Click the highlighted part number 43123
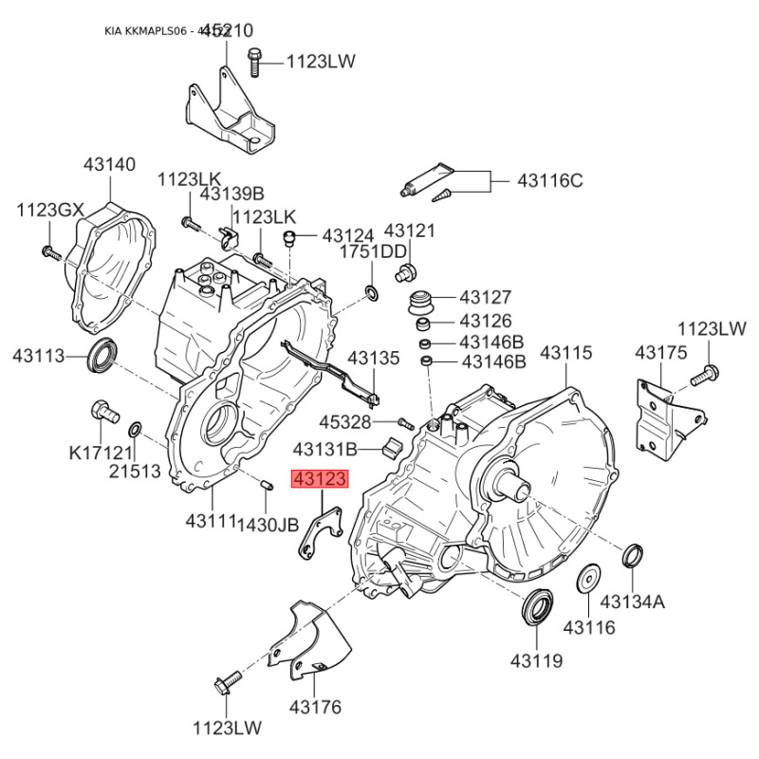[x=321, y=481]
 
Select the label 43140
[x=109, y=164]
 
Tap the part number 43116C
[x=549, y=179]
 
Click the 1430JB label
[x=268, y=523]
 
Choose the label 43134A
[x=633, y=601]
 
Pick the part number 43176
[x=315, y=707]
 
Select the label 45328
[x=346, y=421]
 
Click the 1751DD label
[x=379, y=251]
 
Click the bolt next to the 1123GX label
[x=49, y=252]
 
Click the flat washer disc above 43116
[x=588, y=579]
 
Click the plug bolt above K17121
[x=102, y=412]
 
